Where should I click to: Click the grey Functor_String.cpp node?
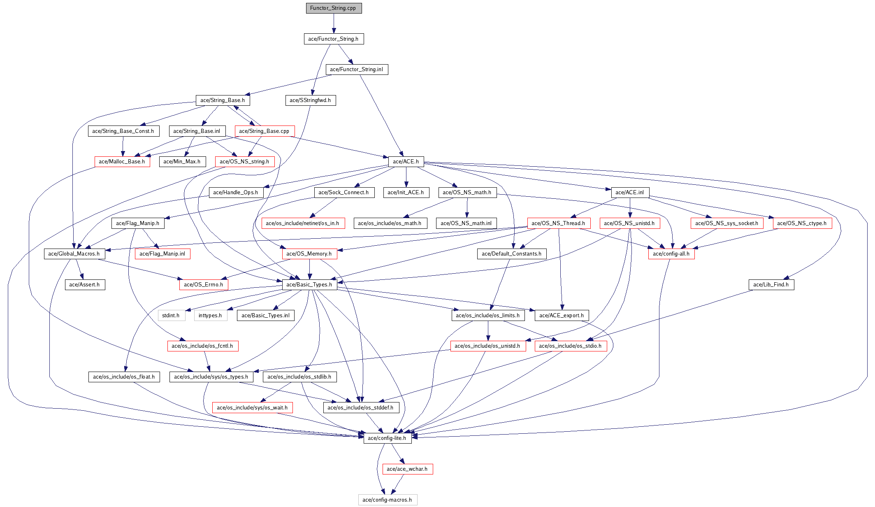click(x=334, y=8)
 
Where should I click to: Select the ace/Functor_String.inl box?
click(x=357, y=70)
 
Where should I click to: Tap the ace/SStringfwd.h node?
click(x=310, y=100)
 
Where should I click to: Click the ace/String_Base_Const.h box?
click(x=123, y=131)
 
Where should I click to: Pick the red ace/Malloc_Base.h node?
click(x=122, y=162)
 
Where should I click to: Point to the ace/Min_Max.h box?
click(x=182, y=162)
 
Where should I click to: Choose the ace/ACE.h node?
click(x=406, y=162)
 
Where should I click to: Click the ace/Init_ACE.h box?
click(x=406, y=193)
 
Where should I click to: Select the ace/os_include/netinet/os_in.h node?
click(x=302, y=223)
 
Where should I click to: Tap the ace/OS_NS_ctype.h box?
click(x=802, y=223)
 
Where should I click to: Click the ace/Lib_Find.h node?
click(x=771, y=285)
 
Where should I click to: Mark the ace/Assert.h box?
click(x=84, y=285)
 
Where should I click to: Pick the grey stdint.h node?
click(x=171, y=316)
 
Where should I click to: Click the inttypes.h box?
click(x=210, y=316)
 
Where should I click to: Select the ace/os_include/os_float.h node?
click(x=124, y=377)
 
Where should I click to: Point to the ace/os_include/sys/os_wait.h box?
click(x=252, y=408)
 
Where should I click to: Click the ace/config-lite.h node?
click(x=387, y=438)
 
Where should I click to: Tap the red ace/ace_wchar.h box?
click(x=407, y=469)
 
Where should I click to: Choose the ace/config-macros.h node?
click(x=387, y=500)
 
